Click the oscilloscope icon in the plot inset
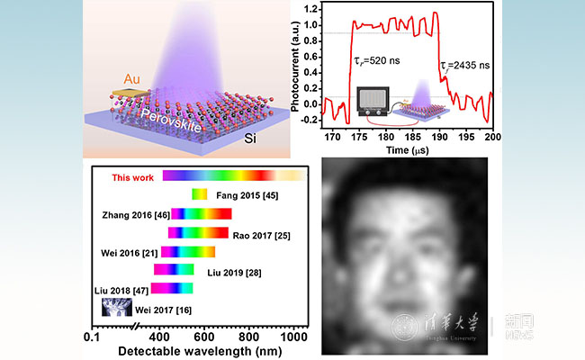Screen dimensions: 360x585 tap(373, 101)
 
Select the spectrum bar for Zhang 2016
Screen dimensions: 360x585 tap(202, 213)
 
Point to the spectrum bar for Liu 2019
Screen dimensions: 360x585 tap(174, 269)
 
